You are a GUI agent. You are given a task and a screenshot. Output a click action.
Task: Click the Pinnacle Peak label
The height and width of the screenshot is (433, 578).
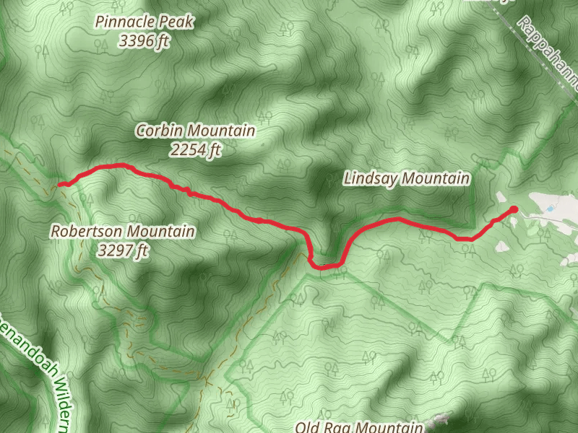pyautogui.click(x=145, y=22)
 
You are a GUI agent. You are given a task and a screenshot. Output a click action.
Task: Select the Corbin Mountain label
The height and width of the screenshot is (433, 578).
pyautogui.click(x=196, y=131)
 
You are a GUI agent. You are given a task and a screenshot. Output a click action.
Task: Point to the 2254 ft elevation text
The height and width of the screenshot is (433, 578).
pyautogui.click(x=196, y=150)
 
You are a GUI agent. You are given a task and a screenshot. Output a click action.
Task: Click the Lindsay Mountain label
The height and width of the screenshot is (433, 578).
pyautogui.click(x=407, y=178)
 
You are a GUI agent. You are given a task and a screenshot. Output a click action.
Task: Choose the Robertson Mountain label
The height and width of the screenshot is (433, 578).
pyautogui.click(x=123, y=232)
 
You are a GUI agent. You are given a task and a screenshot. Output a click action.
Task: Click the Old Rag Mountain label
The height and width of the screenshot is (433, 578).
pyautogui.click(x=358, y=427)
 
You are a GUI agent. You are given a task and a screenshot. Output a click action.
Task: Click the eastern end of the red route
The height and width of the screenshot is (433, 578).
pyautogui.click(x=514, y=209)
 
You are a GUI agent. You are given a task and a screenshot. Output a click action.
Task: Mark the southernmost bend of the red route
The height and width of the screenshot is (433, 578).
pyautogui.click(x=324, y=267)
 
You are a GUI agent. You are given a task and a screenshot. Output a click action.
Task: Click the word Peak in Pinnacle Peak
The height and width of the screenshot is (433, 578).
pyautogui.click(x=176, y=22)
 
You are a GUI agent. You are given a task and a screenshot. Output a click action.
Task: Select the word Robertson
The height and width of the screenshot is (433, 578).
pyautogui.click(x=85, y=232)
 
